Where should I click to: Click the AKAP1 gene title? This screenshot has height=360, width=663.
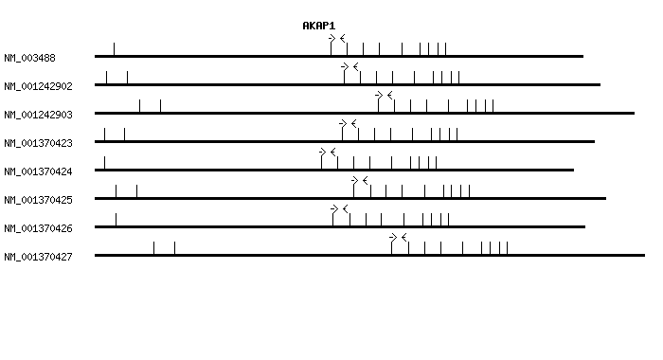click(318, 26)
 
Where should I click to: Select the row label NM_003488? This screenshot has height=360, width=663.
click(29, 58)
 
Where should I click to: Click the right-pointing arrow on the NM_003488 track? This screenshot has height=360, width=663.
click(332, 38)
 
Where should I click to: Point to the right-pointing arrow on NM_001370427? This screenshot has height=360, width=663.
click(393, 237)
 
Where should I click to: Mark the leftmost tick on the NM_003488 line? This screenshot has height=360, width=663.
click(114, 48)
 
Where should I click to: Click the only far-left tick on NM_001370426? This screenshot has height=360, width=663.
click(116, 219)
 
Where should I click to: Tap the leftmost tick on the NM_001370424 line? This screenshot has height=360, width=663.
click(104, 162)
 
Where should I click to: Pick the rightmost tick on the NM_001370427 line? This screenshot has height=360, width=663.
click(507, 247)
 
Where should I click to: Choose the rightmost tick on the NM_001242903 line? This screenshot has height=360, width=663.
click(493, 105)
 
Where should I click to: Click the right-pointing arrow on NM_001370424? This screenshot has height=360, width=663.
click(323, 152)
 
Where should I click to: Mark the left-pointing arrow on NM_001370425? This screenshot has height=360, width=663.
click(365, 180)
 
